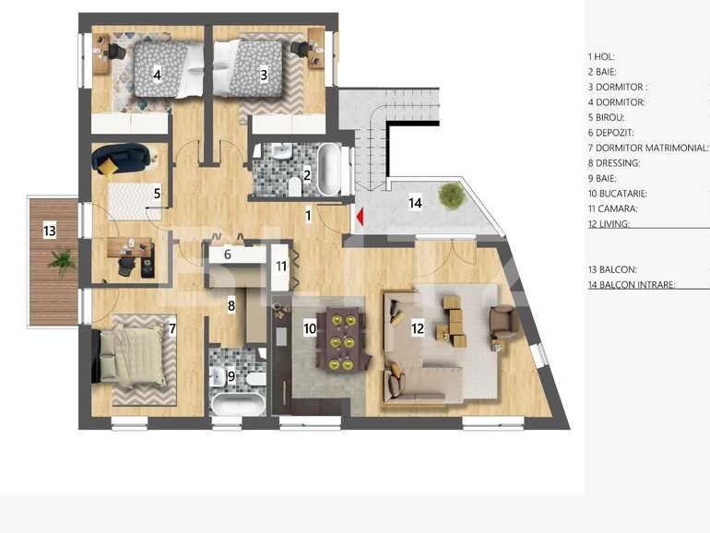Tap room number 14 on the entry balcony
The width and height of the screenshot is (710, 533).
[x=415, y=203]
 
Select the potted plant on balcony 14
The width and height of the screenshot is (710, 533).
[x=451, y=195]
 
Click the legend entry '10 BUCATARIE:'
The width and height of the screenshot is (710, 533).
[x=617, y=194]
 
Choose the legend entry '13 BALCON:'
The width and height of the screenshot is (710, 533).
[x=611, y=269]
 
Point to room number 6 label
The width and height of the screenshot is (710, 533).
[x=227, y=254]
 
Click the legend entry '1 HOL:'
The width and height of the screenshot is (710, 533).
[x=601, y=56]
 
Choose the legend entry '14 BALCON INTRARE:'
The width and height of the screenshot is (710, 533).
[x=632, y=285]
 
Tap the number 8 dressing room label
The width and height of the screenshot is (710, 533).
[x=231, y=304]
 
